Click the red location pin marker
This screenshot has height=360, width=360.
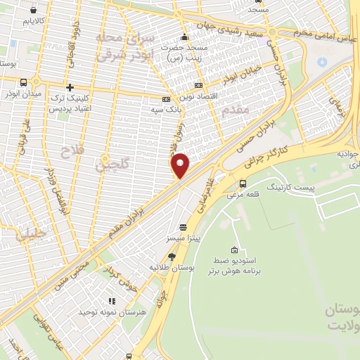(181, 165)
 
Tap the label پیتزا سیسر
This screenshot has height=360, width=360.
(184, 239)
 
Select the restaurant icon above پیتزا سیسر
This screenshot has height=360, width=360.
(184, 228)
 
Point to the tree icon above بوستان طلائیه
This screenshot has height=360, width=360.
(172, 257)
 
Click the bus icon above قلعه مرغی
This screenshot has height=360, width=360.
(243, 184)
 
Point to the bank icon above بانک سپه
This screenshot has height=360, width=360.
(167, 99)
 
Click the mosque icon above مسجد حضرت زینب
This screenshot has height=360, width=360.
(184, 37)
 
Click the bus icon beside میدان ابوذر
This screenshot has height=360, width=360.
(24, 82)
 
